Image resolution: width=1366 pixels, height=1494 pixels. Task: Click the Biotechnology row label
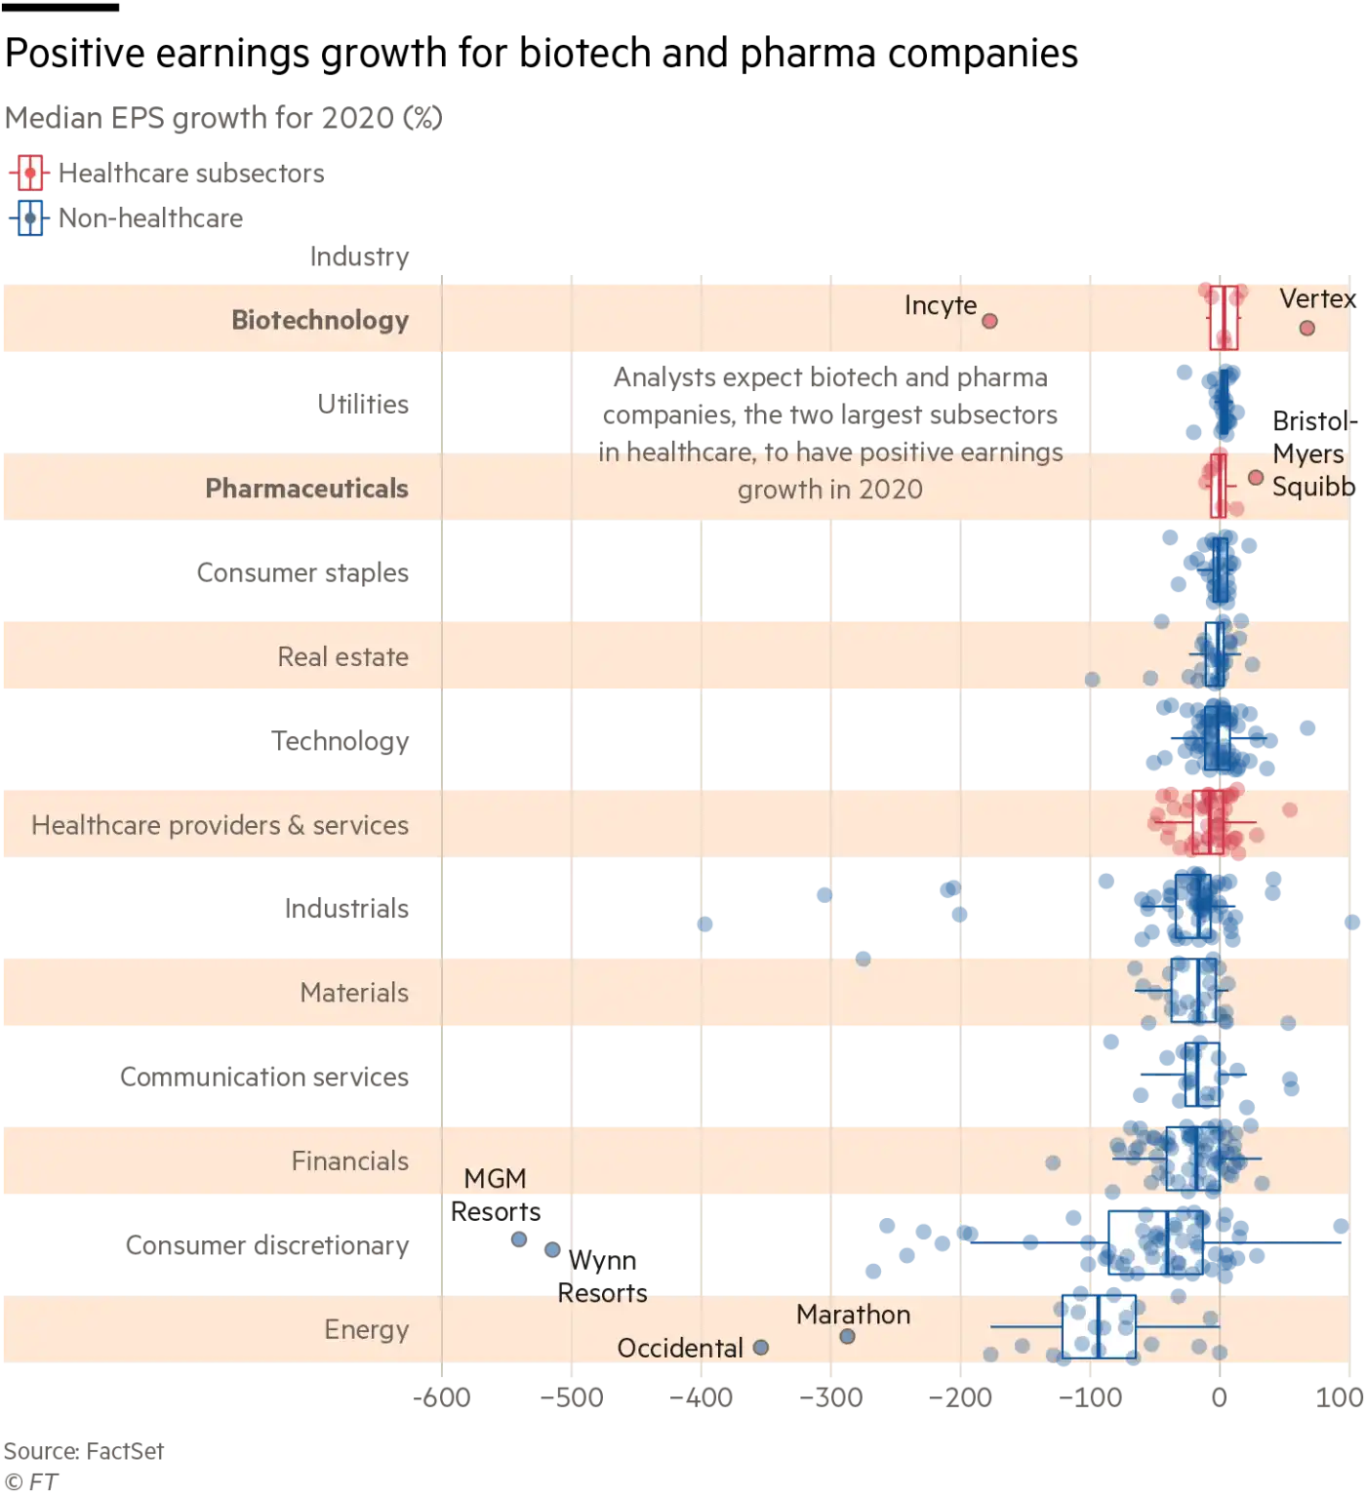coord(319,320)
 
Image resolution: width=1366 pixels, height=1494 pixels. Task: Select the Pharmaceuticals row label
coord(306,488)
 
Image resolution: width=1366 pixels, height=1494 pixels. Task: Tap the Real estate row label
coord(342,656)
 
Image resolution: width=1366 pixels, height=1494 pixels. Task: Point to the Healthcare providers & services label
coord(220,825)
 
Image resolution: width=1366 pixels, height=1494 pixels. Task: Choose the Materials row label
coord(354,993)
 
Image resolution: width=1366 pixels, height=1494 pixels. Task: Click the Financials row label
coord(349,1160)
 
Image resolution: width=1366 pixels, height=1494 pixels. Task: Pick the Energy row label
coord(366,1329)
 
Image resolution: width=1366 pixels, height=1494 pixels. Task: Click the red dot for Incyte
coord(989,321)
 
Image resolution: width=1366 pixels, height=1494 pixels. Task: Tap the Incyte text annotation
coord(940,305)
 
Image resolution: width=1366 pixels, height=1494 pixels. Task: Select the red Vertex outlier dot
coord(1306,328)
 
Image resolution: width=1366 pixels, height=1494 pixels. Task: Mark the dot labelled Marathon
coord(847,1336)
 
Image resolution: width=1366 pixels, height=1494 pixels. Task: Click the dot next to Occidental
coord(761,1348)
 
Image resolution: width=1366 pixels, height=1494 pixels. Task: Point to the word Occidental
coord(680,1348)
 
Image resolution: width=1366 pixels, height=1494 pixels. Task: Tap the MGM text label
coord(495,1179)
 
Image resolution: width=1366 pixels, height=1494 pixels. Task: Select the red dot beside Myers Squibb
coord(1256,478)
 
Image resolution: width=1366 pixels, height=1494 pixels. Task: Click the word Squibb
coord(1312,487)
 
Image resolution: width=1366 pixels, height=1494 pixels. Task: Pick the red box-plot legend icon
coord(30,173)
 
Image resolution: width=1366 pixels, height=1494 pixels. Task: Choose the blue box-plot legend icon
coord(30,218)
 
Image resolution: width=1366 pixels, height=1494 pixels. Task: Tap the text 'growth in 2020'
coord(829,490)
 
